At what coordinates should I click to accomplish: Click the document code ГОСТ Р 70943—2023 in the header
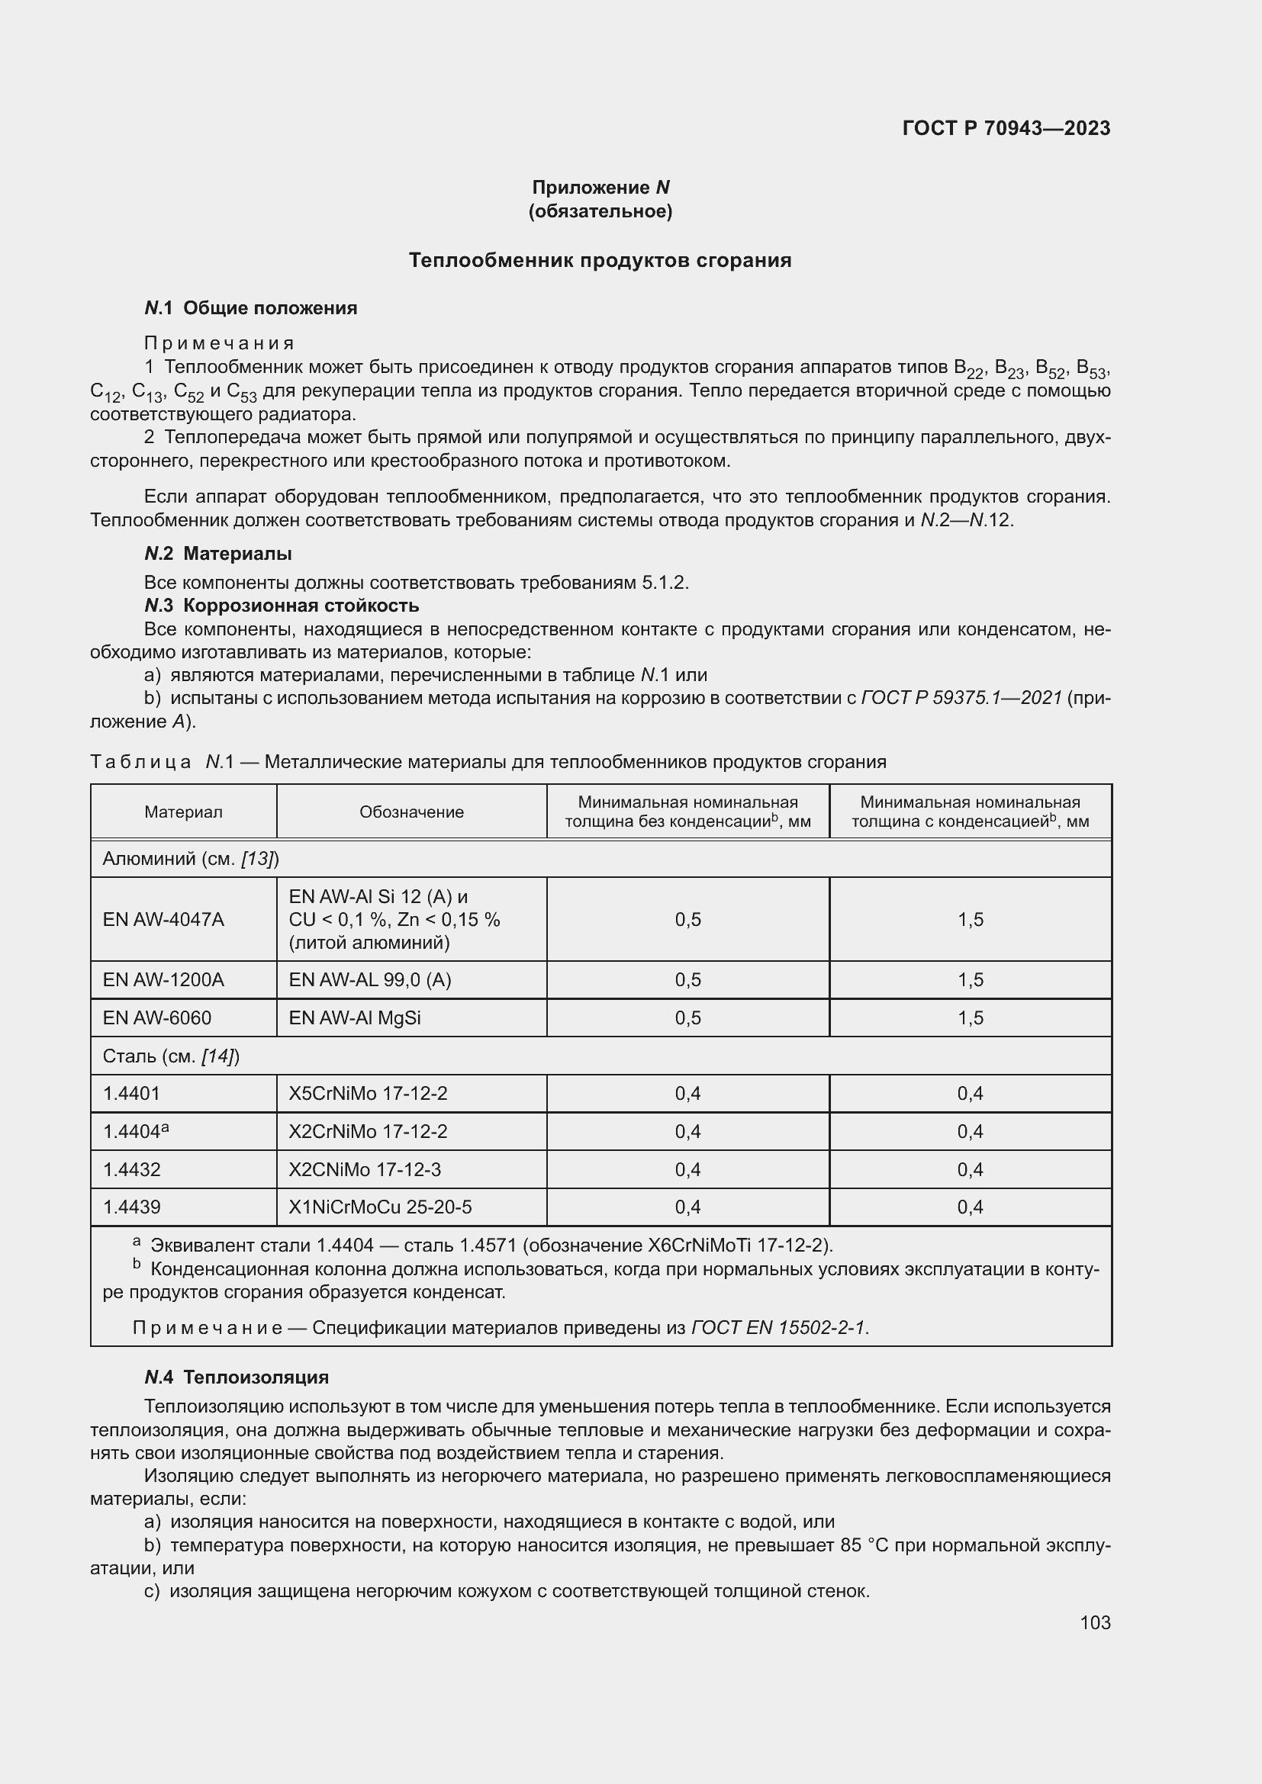click(1006, 128)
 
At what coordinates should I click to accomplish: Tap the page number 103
click(1094, 1622)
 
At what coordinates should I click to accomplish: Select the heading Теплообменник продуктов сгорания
click(600, 260)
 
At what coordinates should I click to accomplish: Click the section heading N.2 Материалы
click(218, 554)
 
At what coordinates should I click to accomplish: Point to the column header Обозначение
click(411, 812)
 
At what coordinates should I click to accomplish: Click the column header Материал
click(183, 812)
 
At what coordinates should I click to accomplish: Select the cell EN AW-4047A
click(164, 919)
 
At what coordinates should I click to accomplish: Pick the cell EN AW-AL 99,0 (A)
click(370, 980)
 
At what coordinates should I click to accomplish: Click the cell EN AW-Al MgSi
click(355, 1018)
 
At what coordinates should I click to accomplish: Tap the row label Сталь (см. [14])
click(171, 1056)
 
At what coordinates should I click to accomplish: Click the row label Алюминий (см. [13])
click(191, 859)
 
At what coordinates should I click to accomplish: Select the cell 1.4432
click(132, 1169)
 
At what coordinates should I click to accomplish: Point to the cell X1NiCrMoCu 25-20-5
click(380, 1207)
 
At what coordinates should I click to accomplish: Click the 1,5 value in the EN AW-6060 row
click(970, 1018)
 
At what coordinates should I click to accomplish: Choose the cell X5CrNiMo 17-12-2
click(369, 1093)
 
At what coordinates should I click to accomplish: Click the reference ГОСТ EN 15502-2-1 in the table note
click(777, 1327)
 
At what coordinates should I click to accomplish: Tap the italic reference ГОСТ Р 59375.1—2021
click(961, 698)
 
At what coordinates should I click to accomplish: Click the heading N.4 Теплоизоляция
click(237, 1377)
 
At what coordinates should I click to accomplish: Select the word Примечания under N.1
click(219, 343)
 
